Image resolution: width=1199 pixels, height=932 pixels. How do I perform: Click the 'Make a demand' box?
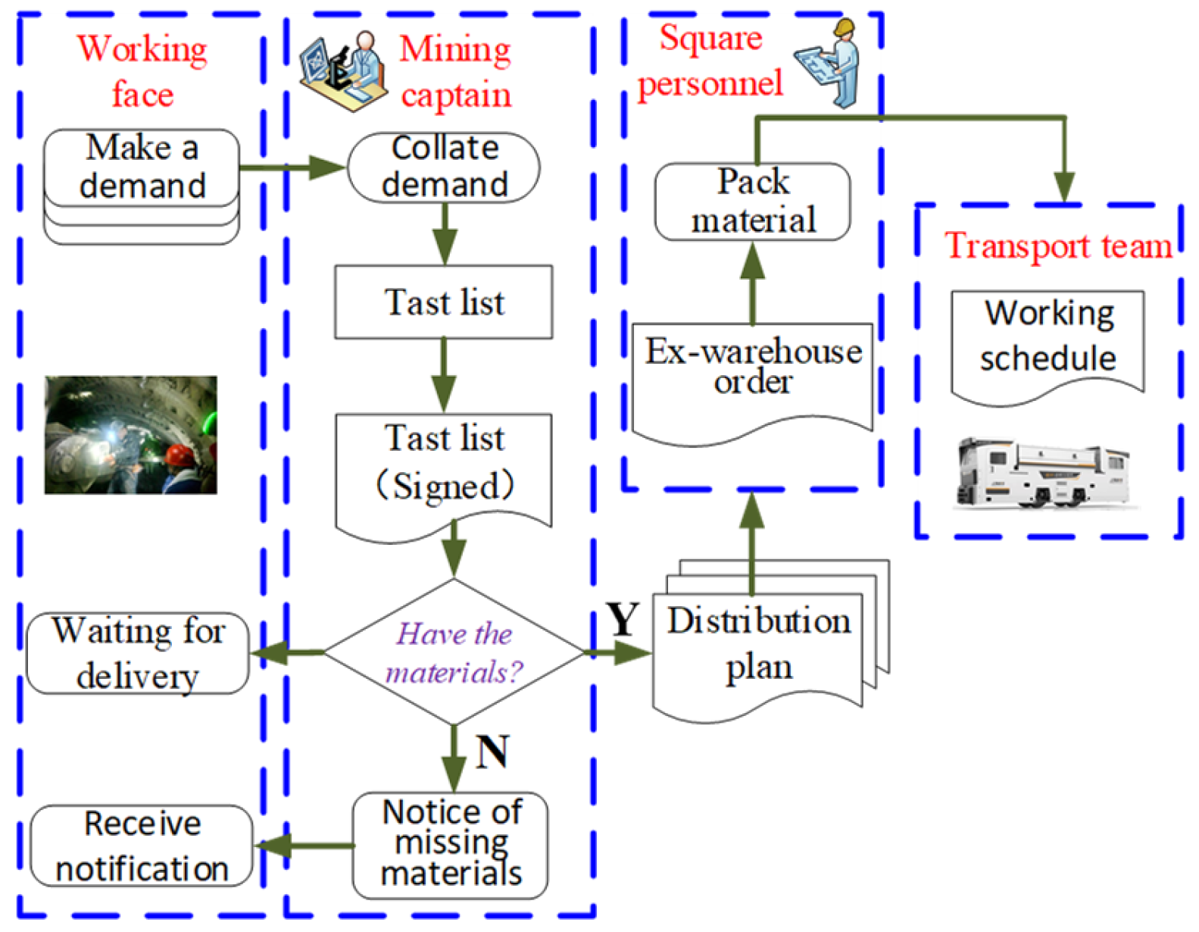[142, 167]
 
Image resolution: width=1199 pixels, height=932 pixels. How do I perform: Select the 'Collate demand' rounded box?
[444, 167]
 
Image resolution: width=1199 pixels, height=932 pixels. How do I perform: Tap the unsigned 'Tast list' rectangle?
[444, 302]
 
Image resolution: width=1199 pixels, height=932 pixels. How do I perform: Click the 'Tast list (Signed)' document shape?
[444, 466]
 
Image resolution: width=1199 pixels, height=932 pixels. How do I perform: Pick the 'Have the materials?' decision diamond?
[454, 652]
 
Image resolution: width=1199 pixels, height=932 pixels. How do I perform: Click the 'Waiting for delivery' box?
[138, 653]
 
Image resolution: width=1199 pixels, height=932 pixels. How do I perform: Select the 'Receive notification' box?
[142, 846]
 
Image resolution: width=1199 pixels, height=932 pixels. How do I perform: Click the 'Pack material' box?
[752, 202]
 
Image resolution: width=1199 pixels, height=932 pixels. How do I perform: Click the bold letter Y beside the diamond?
[623, 620]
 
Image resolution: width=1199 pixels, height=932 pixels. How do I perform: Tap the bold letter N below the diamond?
[492, 752]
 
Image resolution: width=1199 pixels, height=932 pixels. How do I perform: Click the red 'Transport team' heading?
[1057, 246]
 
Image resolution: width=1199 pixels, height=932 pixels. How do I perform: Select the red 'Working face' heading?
[142, 71]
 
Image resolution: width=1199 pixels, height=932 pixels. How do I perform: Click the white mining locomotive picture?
[1043, 474]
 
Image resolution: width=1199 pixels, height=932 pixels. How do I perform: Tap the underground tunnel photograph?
[131, 435]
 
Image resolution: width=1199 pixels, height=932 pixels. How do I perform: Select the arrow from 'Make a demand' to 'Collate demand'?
[292, 167]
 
